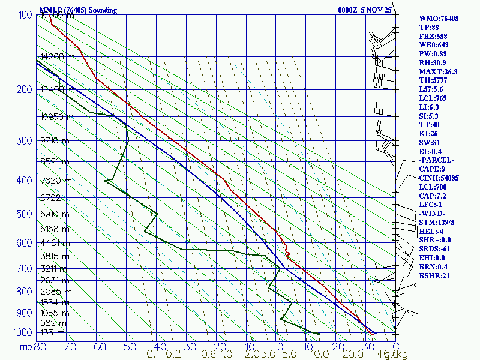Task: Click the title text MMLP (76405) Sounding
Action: tap(78, 10)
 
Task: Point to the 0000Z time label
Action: tap(349, 10)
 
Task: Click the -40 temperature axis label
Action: tap(156, 347)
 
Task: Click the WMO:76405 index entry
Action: tap(439, 19)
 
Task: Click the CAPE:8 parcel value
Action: tap(432, 169)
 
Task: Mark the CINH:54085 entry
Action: tap(439, 178)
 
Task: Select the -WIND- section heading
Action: tap(432, 214)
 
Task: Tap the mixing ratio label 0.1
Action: tap(153, 355)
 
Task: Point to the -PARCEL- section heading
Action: tap(436, 160)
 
